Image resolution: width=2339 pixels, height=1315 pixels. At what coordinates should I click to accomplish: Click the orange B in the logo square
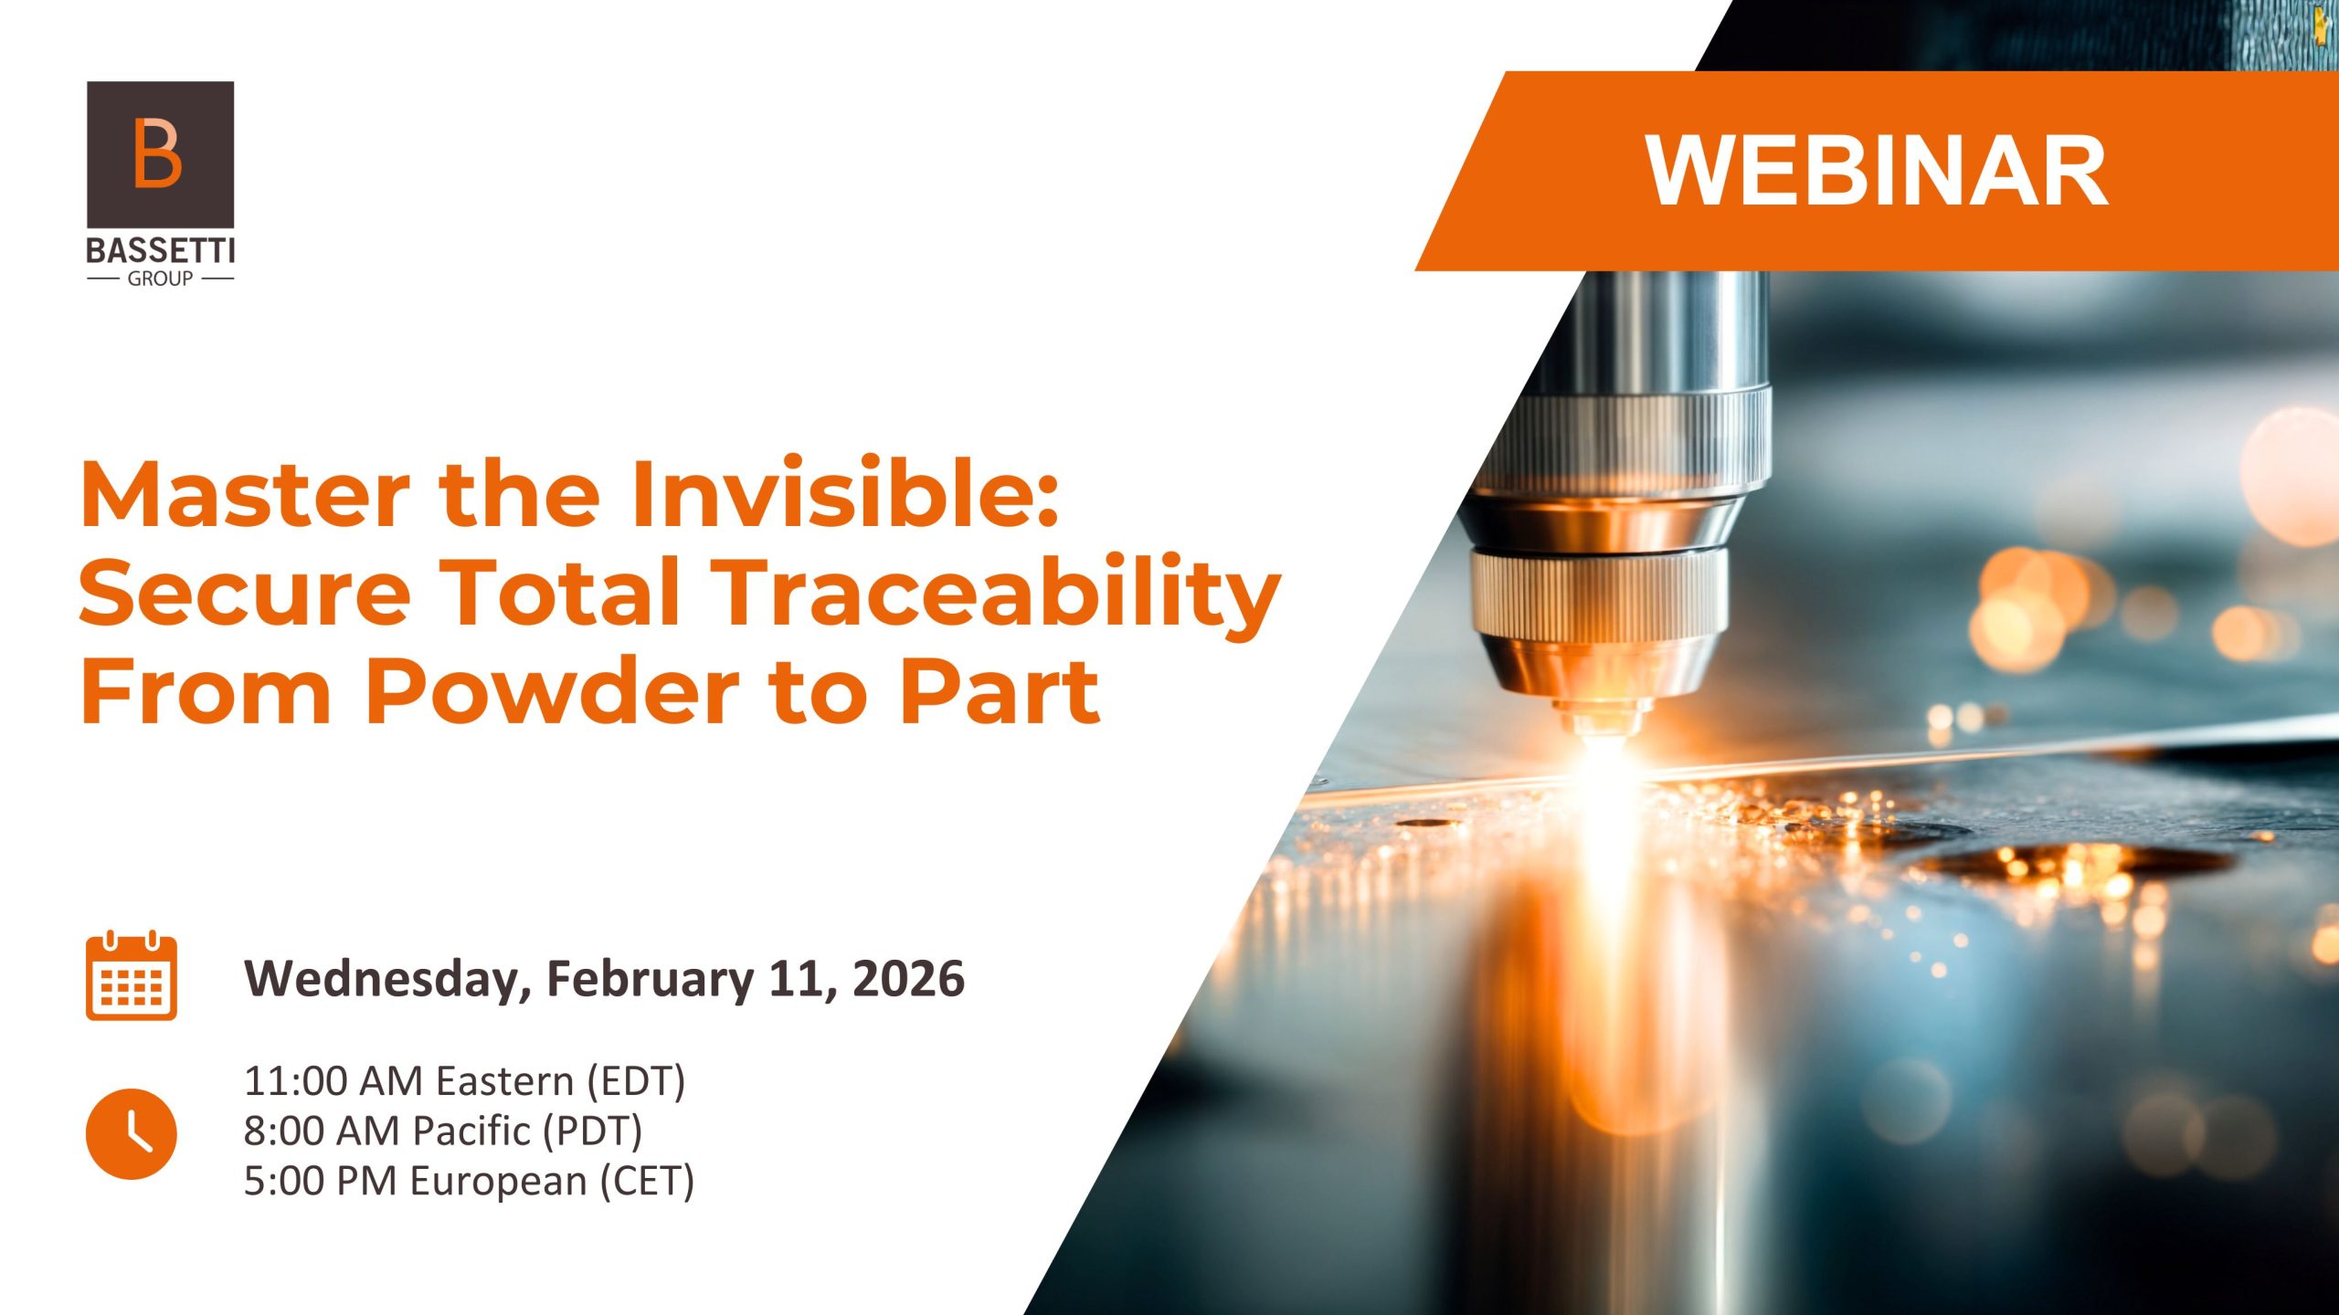[x=157, y=153]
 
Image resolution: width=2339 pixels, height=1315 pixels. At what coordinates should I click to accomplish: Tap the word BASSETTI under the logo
[x=161, y=251]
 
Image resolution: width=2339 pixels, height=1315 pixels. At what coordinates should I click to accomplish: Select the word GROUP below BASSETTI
[x=160, y=279]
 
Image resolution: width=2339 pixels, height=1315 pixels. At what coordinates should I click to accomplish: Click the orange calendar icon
[x=132, y=976]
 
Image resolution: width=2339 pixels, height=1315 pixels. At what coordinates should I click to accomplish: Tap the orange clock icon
[x=132, y=1133]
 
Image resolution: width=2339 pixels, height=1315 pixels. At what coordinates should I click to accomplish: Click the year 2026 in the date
[x=908, y=979]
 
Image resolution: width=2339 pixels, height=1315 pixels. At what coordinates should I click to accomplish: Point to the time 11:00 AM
[x=333, y=1081]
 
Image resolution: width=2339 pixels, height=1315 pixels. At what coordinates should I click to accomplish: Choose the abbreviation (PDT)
[x=592, y=1131]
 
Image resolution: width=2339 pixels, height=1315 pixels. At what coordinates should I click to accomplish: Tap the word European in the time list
[x=498, y=1182]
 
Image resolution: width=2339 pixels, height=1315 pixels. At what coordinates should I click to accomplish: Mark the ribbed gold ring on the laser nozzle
[x=1599, y=594]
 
